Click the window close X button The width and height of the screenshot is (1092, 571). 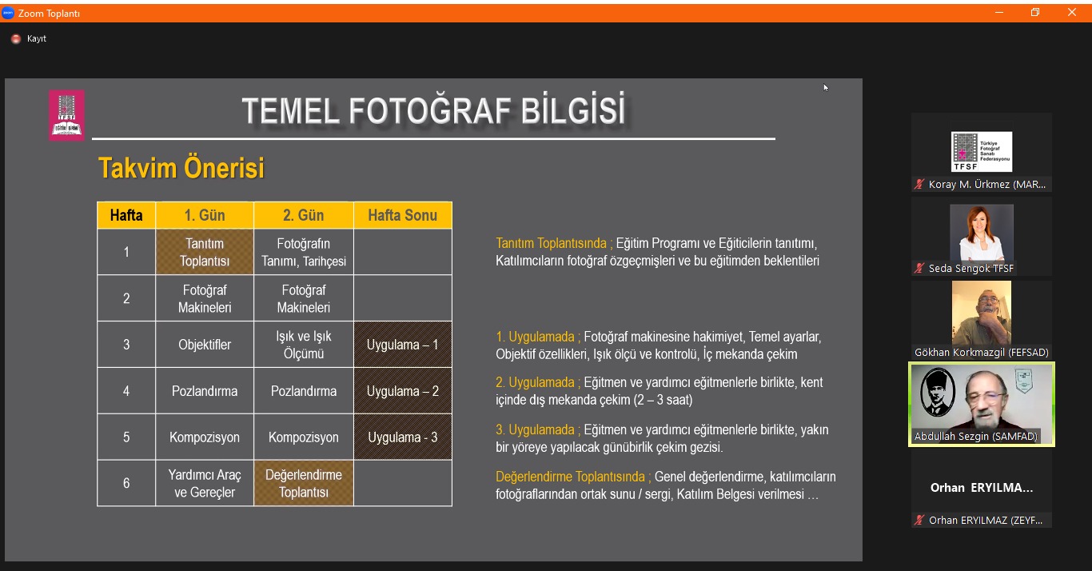[x=1071, y=12]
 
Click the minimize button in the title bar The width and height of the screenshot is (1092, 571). [x=999, y=13]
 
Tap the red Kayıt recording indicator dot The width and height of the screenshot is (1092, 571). [x=16, y=38]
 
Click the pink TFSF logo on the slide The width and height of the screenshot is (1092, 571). [x=67, y=115]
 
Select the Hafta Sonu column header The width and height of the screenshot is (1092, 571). [x=403, y=215]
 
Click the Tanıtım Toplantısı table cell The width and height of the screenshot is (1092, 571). [x=205, y=252]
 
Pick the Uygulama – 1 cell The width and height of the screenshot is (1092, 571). [x=403, y=344]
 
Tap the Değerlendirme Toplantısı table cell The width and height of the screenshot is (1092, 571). [x=304, y=483]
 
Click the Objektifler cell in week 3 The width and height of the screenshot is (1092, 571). [x=205, y=344]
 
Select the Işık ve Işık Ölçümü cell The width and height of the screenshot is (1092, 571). [x=304, y=344]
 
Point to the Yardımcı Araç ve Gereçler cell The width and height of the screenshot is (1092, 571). [x=205, y=483]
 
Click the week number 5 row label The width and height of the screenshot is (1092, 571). [x=126, y=437]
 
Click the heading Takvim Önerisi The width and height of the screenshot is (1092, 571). [x=181, y=168]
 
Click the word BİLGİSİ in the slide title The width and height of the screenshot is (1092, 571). [x=573, y=110]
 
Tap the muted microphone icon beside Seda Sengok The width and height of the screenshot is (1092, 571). [x=919, y=268]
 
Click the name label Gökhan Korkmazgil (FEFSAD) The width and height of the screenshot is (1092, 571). [x=982, y=352]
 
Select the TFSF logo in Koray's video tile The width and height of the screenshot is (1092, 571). [x=982, y=151]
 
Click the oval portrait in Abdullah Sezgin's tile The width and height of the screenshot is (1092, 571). [x=937, y=392]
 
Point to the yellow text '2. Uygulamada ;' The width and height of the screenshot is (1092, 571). [x=538, y=382]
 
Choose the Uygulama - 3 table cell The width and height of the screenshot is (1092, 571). [x=403, y=437]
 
